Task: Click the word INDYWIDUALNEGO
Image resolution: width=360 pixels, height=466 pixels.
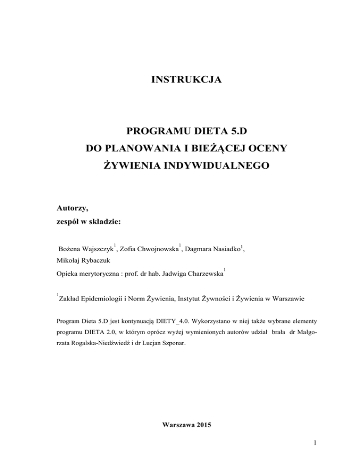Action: (x=212, y=166)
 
